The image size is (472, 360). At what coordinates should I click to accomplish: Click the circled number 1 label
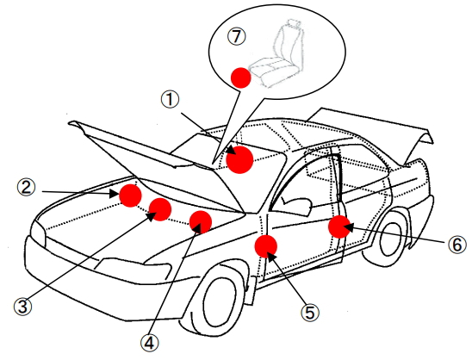(x=170, y=100)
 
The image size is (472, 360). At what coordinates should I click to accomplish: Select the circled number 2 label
(x=26, y=188)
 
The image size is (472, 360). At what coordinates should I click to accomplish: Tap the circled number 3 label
(x=23, y=307)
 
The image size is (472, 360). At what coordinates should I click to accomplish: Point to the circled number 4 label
(x=150, y=344)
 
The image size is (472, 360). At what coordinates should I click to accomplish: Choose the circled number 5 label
(x=310, y=312)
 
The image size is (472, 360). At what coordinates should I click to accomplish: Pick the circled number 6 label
(x=457, y=244)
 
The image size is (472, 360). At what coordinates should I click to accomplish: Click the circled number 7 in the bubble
(x=237, y=37)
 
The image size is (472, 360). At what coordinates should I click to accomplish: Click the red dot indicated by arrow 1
(x=240, y=160)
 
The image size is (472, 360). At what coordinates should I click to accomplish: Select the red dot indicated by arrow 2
(x=130, y=196)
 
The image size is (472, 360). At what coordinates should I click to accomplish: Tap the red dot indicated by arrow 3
(x=160, y=209)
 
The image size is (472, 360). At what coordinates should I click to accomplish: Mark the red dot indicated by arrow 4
(x=201, y=222)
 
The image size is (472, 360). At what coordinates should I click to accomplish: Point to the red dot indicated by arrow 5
(x=266, y=246)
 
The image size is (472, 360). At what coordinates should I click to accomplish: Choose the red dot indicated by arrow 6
(x=339, y=227)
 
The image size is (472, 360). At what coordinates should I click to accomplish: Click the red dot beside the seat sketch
(x=241, y=78)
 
